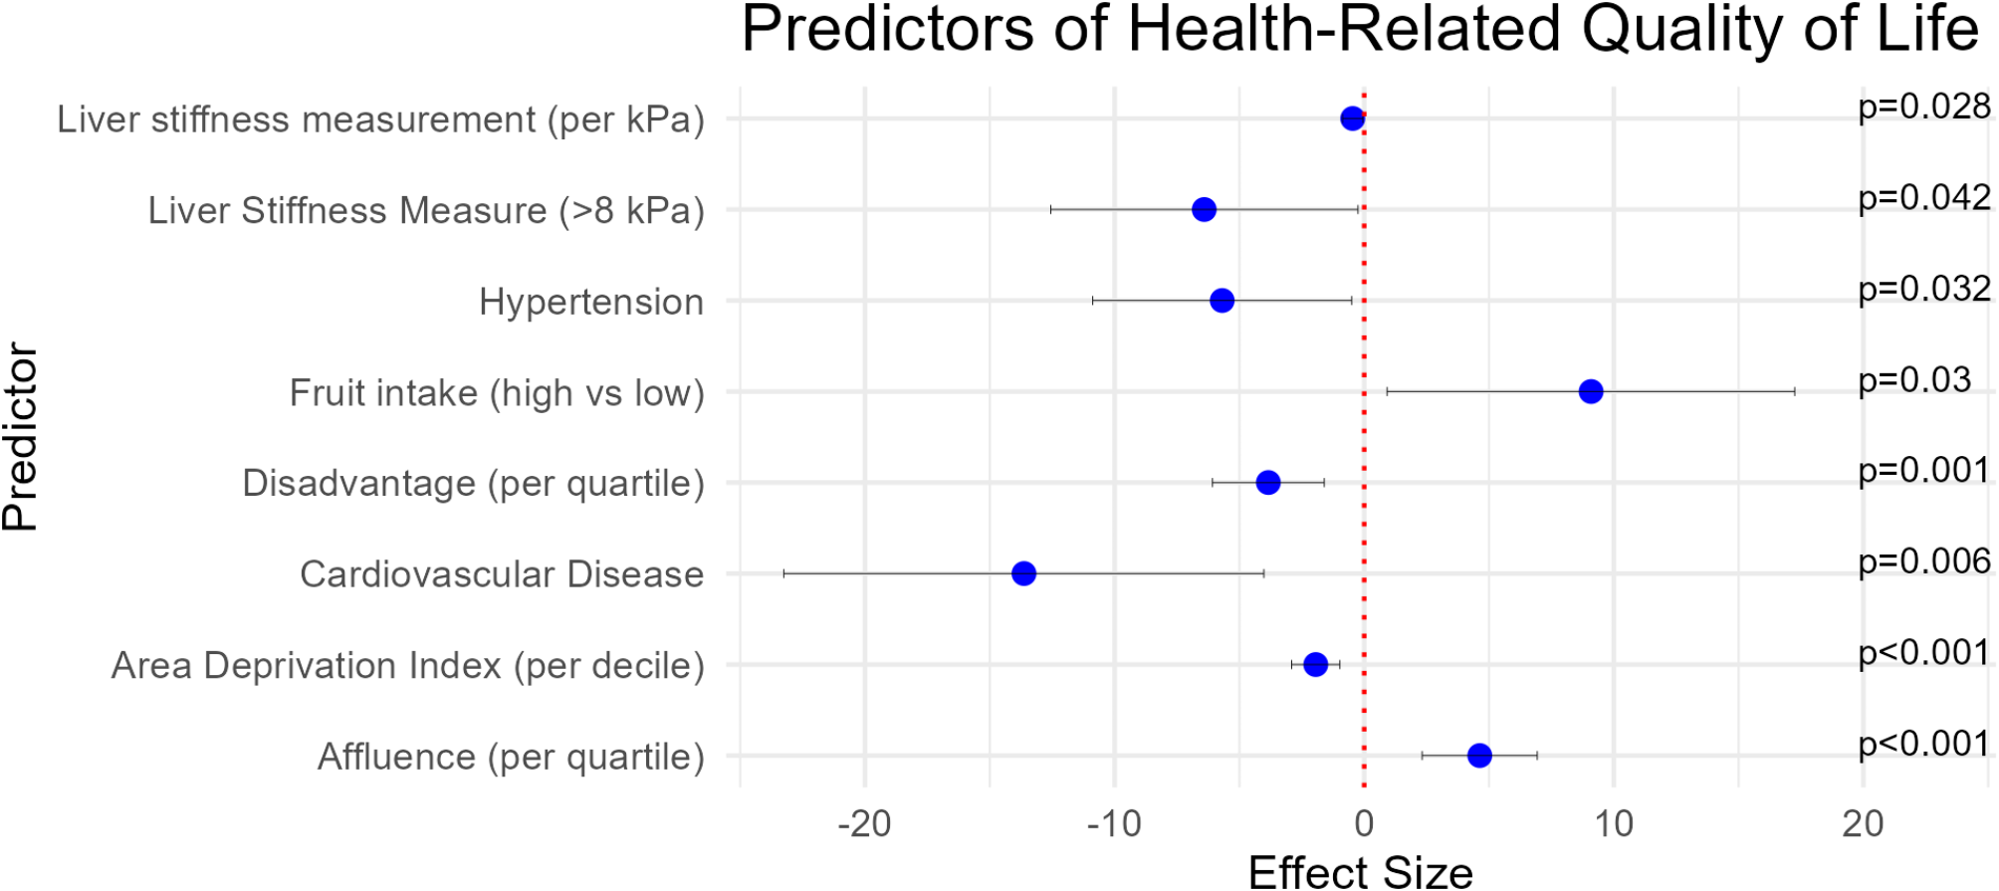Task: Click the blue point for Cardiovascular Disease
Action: point(1023,573)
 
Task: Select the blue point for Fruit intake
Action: point(1591,391)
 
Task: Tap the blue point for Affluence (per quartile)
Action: point(1479,756)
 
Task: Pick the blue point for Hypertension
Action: point(1222,301)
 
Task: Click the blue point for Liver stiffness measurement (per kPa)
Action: point(1352,118)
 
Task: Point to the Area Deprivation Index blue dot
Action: point(1315,664)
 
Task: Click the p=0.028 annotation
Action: point(1923,107)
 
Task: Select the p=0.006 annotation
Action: point(1923,561)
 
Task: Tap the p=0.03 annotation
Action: point(1913,379)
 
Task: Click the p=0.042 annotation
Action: point(1923,197)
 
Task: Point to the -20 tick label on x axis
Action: point(863,823)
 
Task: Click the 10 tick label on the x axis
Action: point(1613,823)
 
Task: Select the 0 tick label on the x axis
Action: point(1364,823)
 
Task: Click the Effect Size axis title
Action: point(1360,872)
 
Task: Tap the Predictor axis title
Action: point(20,437)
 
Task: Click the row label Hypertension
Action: point(590,302)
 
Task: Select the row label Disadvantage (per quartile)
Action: point(473,483)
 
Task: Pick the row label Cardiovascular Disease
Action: point(502,574)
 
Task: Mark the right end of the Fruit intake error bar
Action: point(1794,391)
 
